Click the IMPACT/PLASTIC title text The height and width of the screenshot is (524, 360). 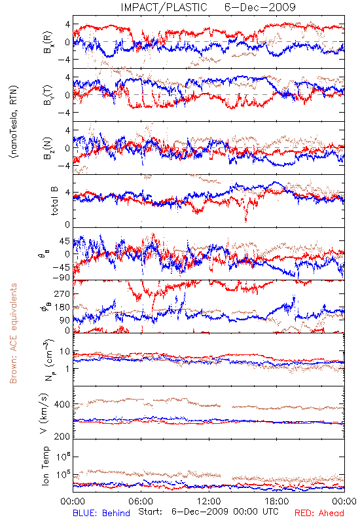164,7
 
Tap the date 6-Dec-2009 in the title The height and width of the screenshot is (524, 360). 260,7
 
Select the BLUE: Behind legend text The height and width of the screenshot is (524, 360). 101,513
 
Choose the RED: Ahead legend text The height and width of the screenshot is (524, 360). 319,513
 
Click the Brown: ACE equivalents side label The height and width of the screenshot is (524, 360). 13,333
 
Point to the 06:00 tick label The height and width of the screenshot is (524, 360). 141,502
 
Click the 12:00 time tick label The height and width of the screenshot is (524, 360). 209,502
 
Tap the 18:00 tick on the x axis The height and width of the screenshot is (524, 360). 277,502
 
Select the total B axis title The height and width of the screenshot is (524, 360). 54,201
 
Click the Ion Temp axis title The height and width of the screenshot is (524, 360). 45,466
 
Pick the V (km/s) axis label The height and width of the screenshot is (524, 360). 45,413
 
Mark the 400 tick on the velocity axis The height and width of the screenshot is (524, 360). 62,404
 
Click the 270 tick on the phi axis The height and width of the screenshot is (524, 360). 62,293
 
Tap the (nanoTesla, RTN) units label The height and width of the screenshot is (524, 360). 13,122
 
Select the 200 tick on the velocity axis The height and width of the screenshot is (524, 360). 62,436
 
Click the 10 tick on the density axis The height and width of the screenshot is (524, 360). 65,352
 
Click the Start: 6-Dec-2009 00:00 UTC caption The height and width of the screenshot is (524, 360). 208,512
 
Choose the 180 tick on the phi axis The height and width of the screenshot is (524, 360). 62,307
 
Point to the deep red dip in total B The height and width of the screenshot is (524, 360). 246,219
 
